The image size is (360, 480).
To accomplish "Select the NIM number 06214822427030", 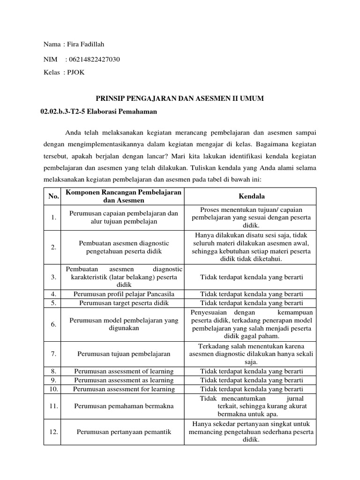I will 94,59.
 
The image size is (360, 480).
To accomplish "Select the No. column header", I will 53,196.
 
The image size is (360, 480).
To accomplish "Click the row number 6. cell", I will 53,324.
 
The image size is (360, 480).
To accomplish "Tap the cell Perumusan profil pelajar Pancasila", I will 124,294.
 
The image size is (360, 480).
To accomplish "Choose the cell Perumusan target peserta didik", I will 124,303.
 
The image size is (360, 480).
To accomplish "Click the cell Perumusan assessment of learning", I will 124,371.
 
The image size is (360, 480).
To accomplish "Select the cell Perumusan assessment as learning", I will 124,380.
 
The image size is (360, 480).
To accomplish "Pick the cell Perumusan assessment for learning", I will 124,389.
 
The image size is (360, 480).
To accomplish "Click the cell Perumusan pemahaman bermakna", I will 124,405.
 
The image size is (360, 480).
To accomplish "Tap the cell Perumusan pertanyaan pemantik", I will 124,432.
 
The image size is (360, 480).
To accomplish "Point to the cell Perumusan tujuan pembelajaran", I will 124,354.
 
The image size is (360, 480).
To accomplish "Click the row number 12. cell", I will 53,432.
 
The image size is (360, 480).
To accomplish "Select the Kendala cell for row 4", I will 252,294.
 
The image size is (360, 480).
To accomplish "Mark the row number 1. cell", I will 53,217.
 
